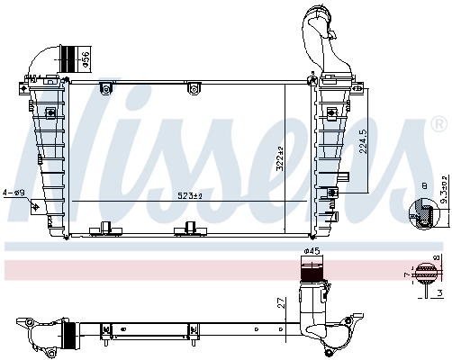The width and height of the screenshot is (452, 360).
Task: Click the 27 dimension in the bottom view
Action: coord(282,304)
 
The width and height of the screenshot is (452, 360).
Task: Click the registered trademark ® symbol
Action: coord(438,121)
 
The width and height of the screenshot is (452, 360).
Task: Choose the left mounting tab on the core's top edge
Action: coord(105,87)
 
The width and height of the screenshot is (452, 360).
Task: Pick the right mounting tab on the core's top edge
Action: coord(192,87)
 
